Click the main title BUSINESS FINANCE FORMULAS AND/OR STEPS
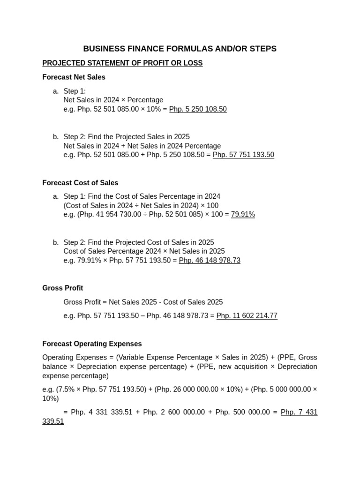click(180, 49)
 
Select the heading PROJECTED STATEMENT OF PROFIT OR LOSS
click(122, 63)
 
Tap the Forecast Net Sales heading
click(74, 77)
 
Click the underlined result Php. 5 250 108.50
click(197, 109)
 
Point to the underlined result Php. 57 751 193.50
click(243, 155)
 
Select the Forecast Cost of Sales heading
click(80, 183)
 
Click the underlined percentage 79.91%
click(243, 214)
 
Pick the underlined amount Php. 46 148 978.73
click(210, 260)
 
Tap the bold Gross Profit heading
click(62, 288)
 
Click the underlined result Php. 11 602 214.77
click(247, 316)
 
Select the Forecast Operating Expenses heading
click(92, 344)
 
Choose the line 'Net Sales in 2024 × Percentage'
click(113, 100)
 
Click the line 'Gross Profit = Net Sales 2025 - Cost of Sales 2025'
click(143, 302)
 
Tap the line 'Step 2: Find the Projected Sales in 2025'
click(127, 136)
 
